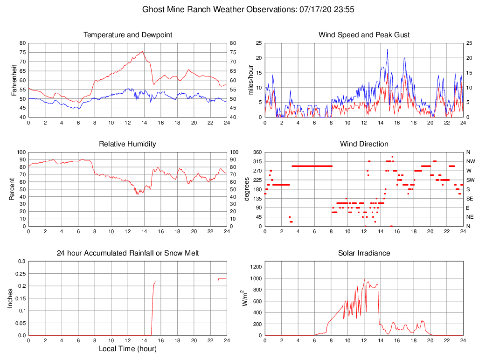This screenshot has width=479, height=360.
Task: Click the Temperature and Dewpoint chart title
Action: (x=127, y=35)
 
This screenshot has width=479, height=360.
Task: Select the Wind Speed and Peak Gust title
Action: (x=364, y=35)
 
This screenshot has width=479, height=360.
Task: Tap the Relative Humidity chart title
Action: (x=127, y=144)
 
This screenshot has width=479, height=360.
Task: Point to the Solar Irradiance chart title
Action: (x=364, y=253)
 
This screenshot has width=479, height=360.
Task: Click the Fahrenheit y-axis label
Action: (x=14, y=80)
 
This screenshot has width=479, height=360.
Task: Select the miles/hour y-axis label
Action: (x=251, y=80)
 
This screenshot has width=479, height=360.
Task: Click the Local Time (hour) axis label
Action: (x=127, y=349)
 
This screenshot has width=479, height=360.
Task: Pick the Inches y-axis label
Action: (x=11, y=298)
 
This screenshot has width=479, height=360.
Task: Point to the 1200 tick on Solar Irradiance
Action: (x=255, y=267)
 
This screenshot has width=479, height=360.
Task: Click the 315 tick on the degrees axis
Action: (x=256, y=161)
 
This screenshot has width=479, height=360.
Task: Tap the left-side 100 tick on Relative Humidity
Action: (x=20, y=152)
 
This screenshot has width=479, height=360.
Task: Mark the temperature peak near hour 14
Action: (x=142, y=51)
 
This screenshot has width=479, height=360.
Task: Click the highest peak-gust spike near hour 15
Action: (x=387, y=49)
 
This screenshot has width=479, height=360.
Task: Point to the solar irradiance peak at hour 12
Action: (x=365, y=278)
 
